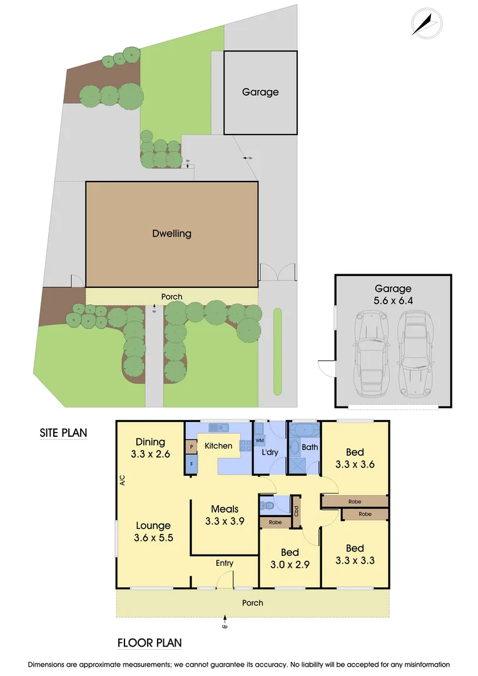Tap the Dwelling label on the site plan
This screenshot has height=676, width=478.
[x=171, y=233]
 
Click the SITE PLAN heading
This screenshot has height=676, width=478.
[x=63, y=432]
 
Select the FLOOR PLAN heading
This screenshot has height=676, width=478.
[x=150, y=643]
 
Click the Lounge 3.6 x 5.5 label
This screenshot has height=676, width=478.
[x=152, y=532]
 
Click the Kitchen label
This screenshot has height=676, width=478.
[x=219, y=446]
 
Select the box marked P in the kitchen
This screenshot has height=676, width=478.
[x=191, y=447]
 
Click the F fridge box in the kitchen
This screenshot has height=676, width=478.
[x=191, y=464]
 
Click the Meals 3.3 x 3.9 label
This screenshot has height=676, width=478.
[x=224, y=515]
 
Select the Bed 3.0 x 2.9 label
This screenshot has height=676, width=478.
[x=289, y=559]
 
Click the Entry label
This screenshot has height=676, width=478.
[x=225, y=563]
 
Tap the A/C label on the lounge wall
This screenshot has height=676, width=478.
[x=122, y=481]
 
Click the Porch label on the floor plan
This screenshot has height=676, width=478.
[x=253, y=603]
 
